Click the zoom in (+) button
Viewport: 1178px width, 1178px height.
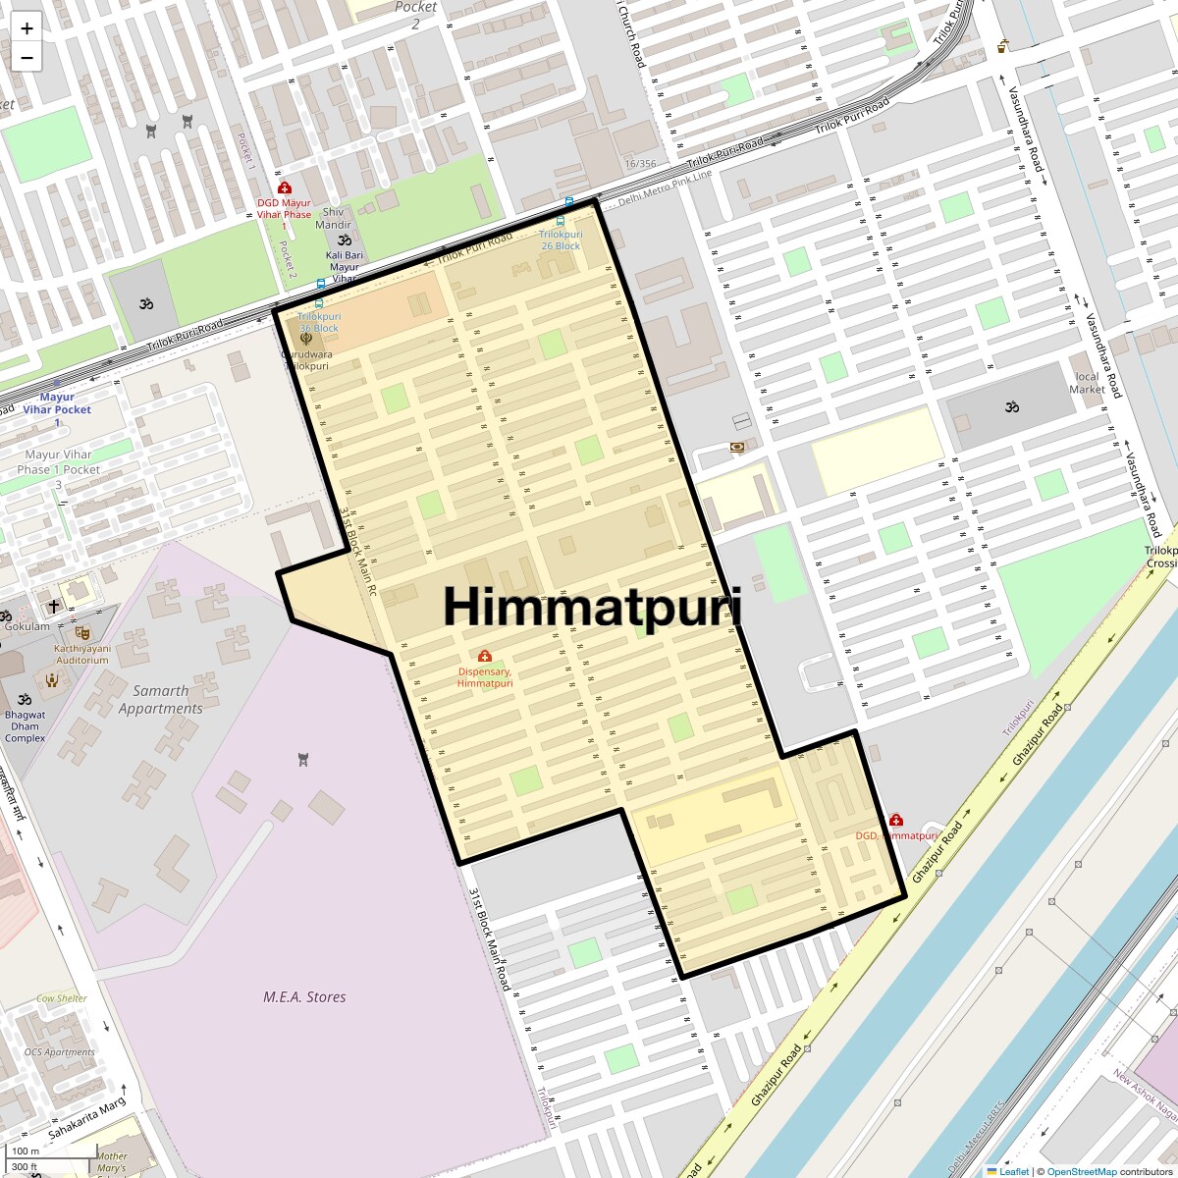27,28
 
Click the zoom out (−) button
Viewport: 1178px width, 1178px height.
27,58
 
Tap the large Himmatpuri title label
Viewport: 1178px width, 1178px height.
592,606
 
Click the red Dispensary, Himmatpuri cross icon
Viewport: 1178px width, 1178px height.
484,656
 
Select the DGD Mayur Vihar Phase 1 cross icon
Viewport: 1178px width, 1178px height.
285,187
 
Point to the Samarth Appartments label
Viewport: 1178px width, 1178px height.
161,700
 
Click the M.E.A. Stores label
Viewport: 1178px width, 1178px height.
304,997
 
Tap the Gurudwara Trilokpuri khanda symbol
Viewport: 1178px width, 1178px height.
306,339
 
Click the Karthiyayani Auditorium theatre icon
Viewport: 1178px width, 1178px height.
82,633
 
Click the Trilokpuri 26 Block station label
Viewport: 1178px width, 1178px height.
561,241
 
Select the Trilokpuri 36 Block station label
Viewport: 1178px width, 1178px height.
319,322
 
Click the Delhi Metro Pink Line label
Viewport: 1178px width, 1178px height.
665,187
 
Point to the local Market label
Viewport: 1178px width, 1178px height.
1087,383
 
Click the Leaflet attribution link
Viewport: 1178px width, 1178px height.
1013,1171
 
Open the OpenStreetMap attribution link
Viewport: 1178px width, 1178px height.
1081,1171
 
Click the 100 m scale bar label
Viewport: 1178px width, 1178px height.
26,1151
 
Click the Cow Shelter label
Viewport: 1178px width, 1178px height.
62,998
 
